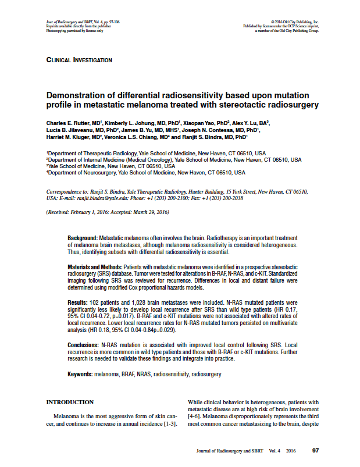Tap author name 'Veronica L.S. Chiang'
(x=154, y=137)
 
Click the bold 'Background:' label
(x=83, y=238)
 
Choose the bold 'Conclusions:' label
(x=83, y=345)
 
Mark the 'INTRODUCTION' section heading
(x=70, y=402)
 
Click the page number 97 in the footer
(x=316, y=451)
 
